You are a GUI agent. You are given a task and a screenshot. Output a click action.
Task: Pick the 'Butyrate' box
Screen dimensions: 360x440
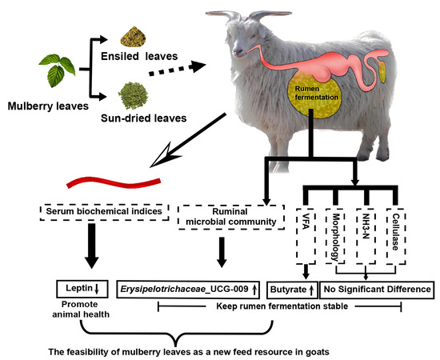(291, 287)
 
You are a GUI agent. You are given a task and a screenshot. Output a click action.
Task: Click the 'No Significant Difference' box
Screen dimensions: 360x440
(376, 287)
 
